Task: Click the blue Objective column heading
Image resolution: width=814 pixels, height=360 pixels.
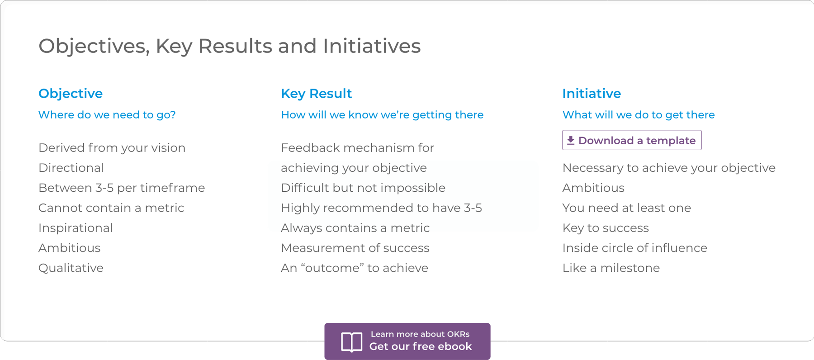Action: pos(71,94)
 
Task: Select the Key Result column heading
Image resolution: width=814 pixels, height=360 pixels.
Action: pos(316,94)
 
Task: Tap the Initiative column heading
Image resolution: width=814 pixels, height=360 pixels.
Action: pos(592,94)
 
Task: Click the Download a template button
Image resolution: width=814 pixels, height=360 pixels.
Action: pos(632,140)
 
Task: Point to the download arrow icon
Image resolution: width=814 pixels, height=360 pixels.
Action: pos(571,140)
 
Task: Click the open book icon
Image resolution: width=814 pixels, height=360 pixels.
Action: pos(351,342)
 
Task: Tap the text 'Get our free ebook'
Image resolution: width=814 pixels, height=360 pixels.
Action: pos(421,346)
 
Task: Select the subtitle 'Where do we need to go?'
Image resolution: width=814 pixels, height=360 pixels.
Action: pos(107,115)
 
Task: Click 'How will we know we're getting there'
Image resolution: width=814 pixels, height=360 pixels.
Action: pos(382,115)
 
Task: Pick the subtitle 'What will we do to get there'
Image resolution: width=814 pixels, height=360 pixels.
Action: pos(639,115)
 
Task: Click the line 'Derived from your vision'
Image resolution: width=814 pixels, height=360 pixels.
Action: pos(112,148)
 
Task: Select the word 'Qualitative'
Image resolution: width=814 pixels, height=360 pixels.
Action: pos(71,268)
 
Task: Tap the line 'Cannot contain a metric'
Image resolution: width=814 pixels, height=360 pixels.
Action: pos(111,208)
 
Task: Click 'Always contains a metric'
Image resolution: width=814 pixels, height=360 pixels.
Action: pos(355,228)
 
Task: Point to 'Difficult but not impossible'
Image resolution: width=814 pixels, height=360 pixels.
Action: pos(363,188)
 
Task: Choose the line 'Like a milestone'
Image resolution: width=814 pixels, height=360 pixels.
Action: pos(611,268)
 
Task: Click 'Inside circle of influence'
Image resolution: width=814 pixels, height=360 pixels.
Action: pos(635,248)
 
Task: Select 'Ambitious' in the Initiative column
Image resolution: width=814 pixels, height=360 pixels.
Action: pos(593,188)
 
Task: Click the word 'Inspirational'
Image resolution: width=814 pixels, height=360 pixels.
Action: pos(76,228)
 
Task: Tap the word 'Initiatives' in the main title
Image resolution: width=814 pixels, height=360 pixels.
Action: pos(372,46)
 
